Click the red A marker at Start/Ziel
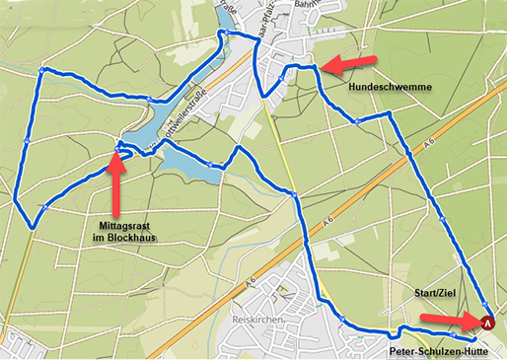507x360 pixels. [487, 321]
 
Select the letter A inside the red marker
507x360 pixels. [487, 321]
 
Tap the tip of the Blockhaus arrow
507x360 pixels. [116, 153]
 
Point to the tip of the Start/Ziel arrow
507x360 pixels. [474, 319]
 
